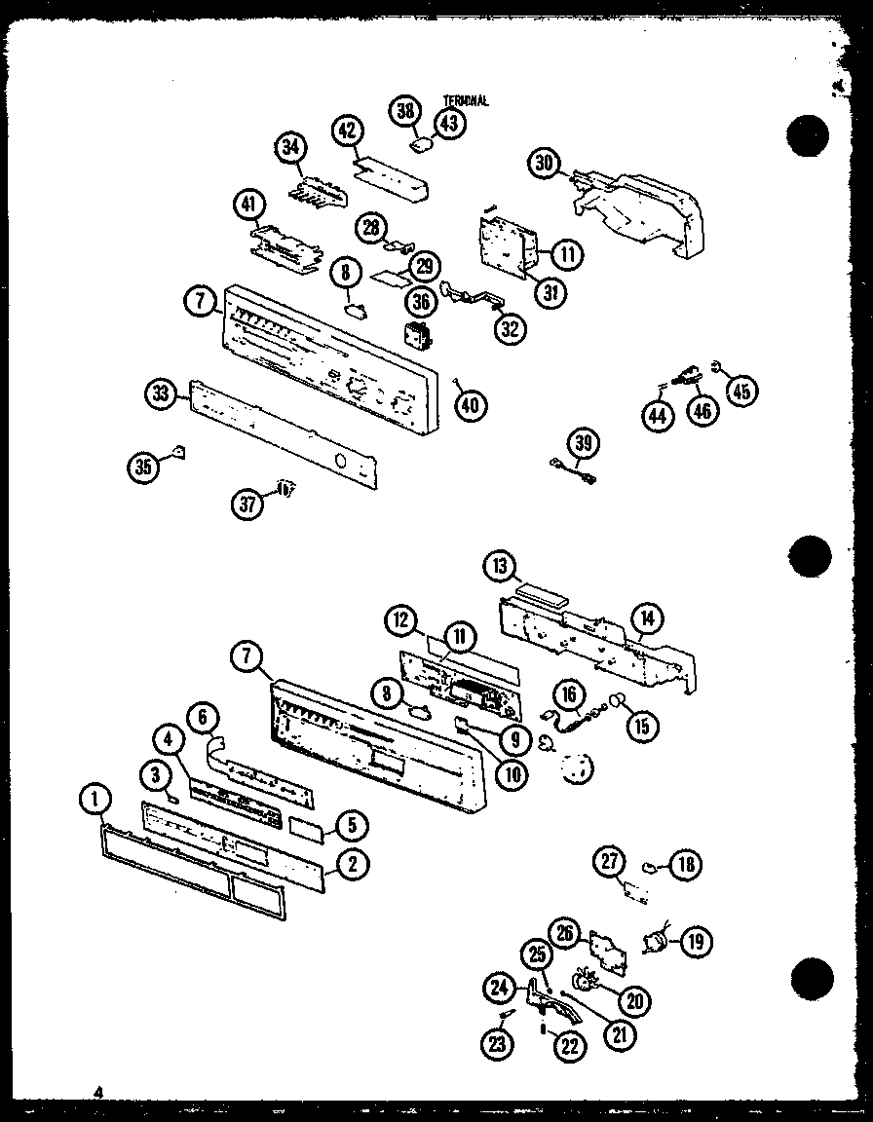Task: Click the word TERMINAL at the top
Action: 465,100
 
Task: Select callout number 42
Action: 348,131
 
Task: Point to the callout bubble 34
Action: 289,149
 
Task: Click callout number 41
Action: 249,206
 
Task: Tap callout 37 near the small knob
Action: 248,503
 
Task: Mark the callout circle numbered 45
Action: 742,391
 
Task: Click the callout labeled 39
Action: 585,443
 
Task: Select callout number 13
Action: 500,567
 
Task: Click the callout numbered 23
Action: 497,1045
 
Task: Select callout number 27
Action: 610,860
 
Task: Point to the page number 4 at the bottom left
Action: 97,1093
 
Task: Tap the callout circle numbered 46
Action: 702,412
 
